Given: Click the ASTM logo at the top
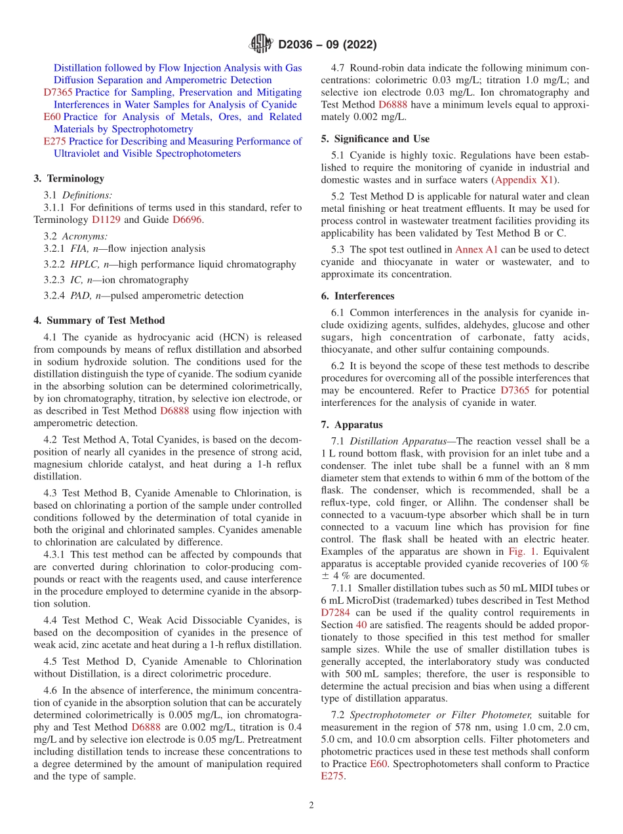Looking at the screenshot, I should pos(260,45).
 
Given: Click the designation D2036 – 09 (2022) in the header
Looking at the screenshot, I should pos(327,45).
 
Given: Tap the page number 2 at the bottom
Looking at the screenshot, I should pos(311,805).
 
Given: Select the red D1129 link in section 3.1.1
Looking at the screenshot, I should pos(106,220).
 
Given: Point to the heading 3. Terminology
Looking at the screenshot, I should pos(69,178).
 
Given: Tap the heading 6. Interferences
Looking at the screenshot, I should pos(358,296).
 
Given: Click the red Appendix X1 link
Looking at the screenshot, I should pos(525,180).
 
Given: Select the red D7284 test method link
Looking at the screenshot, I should pos(336,612).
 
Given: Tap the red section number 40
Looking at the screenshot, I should pos(361,625).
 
